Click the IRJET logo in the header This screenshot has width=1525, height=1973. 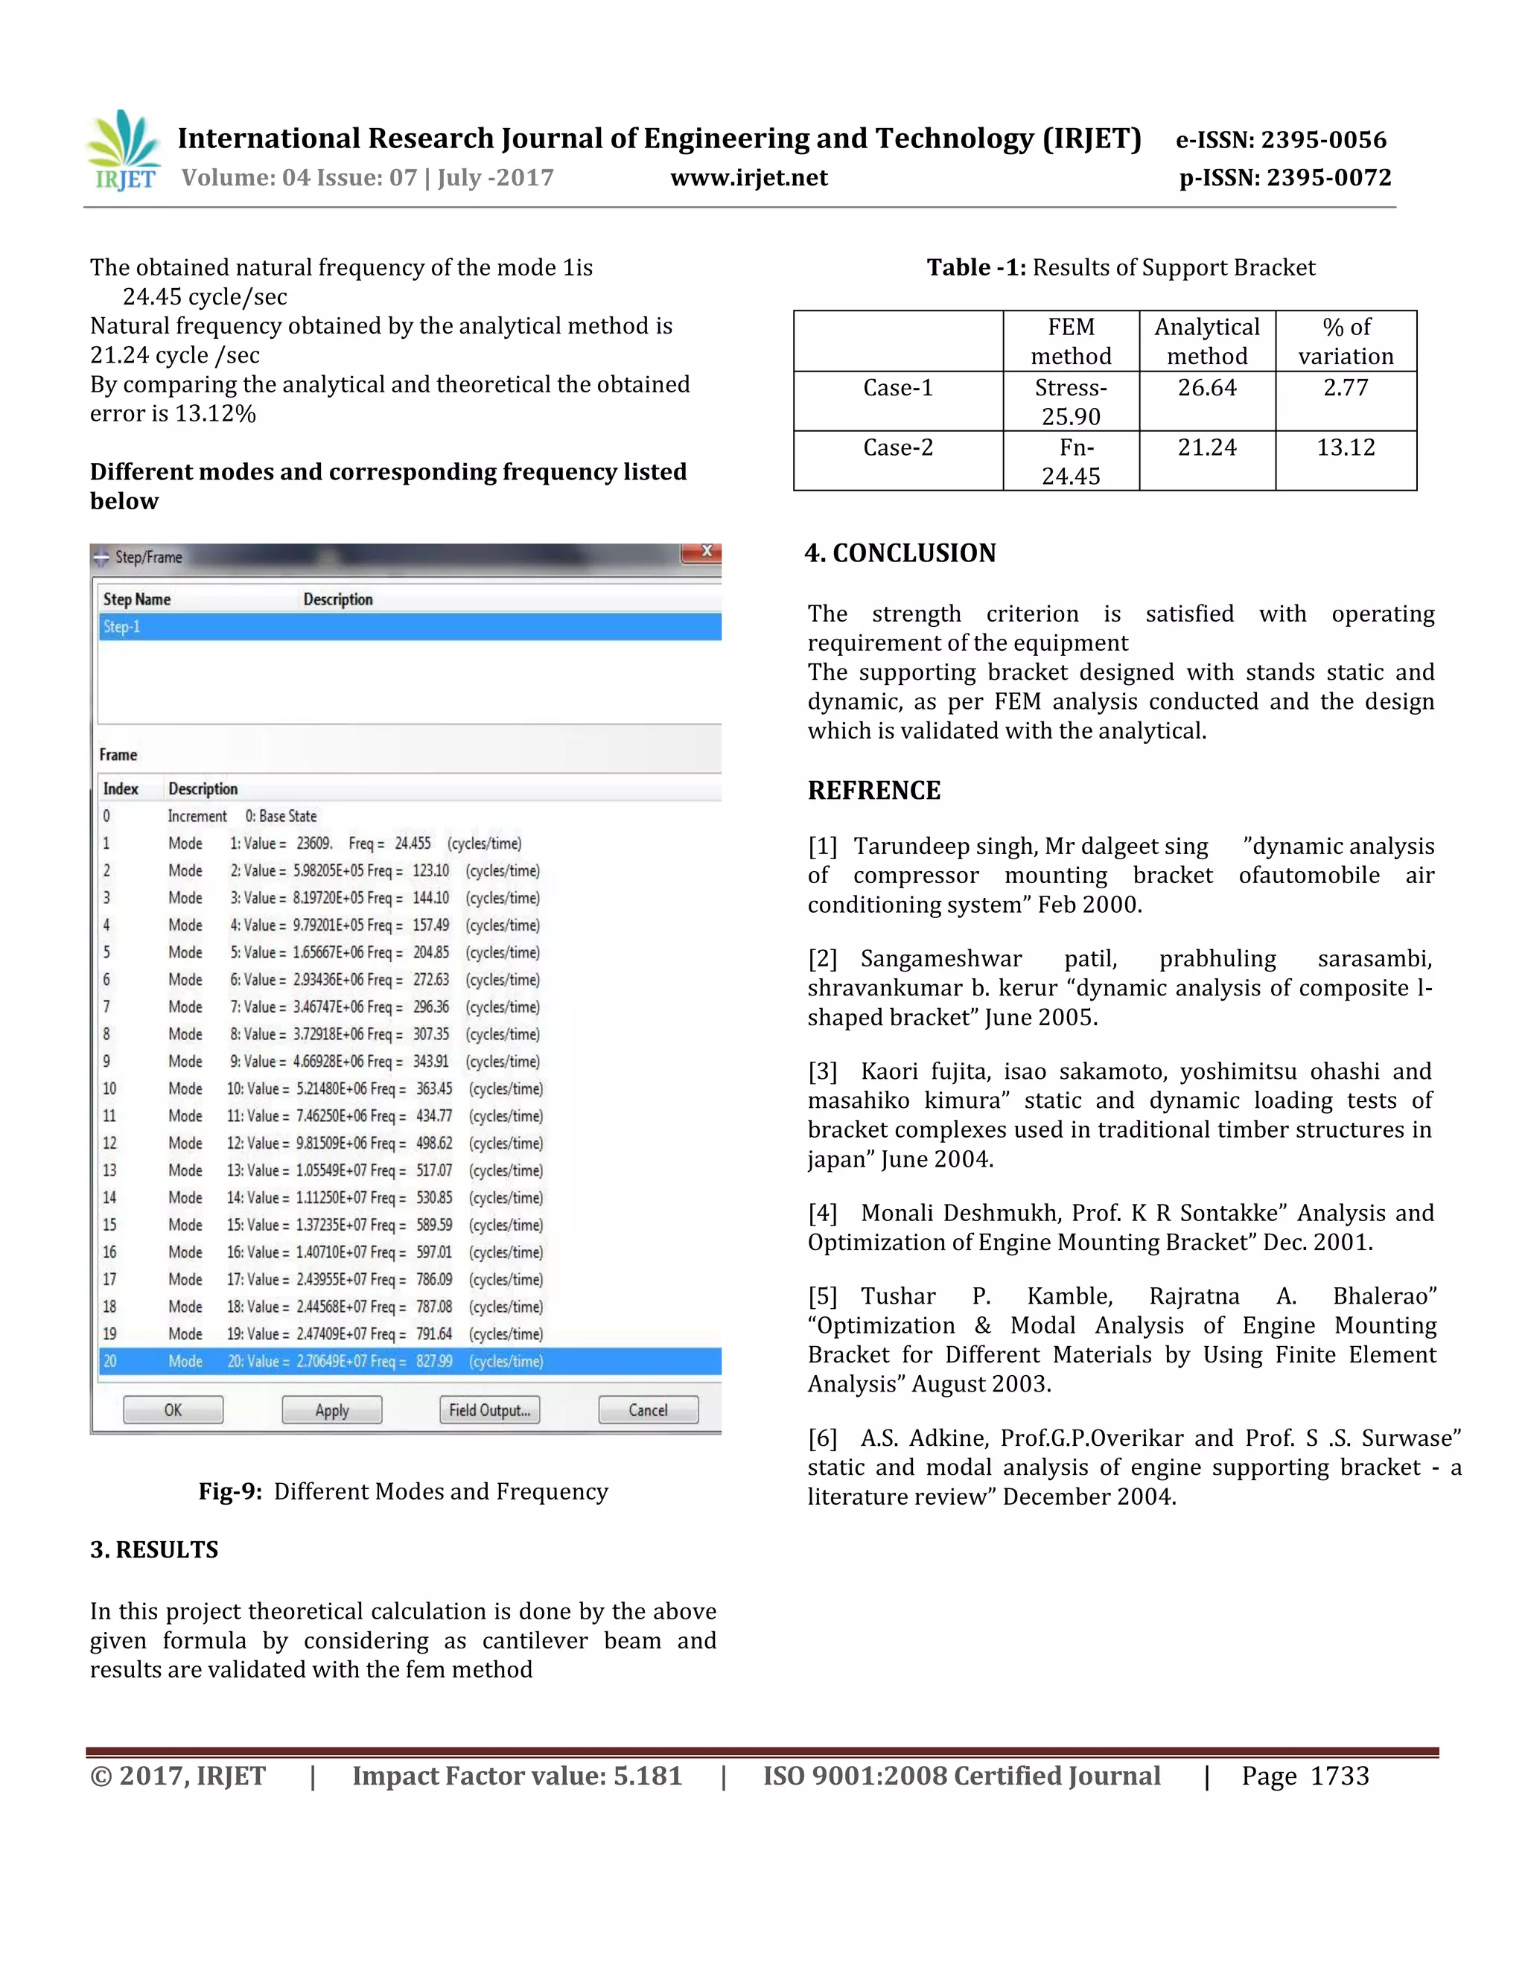(x=124, y=151)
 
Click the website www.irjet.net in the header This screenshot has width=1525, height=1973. (x=748, y=178)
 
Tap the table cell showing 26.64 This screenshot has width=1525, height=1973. (x=1206, y=389)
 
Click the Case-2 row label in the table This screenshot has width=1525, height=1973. (x=897, y=448)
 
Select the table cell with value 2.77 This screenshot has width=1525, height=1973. (x=1346, y=389)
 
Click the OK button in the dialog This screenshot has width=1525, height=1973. (x=173, y=1410)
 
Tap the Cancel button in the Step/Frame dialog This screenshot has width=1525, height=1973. (x=648, y=1410)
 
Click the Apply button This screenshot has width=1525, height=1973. (x=331, y=1410)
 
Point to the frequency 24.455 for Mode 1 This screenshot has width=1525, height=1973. (x=413, y=844)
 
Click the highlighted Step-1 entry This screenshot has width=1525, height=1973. (x=122, y=627)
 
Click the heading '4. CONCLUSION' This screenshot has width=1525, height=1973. (x=900, y=553)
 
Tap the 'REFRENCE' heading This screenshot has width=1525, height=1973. (x=873, y=791)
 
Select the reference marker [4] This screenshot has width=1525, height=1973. (x=822, y=1214)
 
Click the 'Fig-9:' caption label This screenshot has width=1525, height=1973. (x=230, y=1491)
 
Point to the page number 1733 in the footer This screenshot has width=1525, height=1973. (x=1339, y=1776)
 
